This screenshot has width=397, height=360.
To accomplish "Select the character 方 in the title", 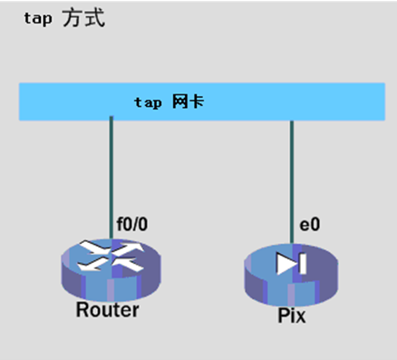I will tap(73, 19).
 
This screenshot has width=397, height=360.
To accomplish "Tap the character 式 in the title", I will tap(94, 19).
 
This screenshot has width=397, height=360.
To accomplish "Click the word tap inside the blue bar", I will tap(148, 102).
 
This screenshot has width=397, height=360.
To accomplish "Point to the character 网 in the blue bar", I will tap(179, 102).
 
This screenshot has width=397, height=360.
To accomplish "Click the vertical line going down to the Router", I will tap(111, 177).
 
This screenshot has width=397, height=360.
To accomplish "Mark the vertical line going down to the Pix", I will tap(292, 177).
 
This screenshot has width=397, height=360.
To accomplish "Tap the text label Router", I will tap(109, 311).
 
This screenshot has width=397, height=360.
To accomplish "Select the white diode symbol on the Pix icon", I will tap(293, 263).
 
